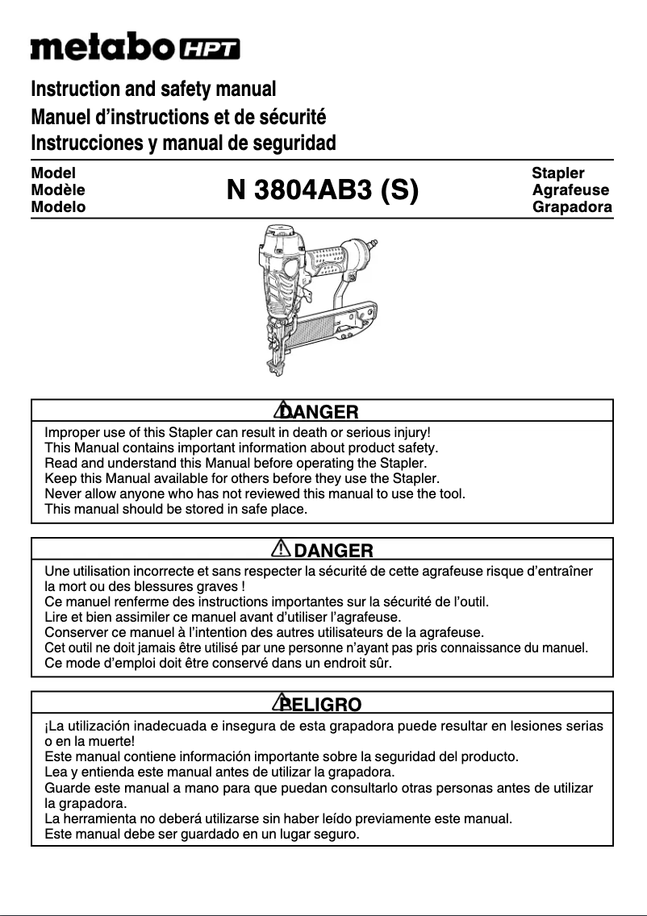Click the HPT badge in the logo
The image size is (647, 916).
tap(209, 49)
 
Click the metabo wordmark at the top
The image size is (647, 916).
tap(101, 48)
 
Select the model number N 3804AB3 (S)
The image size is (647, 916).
tap(322, 191)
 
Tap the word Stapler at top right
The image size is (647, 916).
tap(558, 173)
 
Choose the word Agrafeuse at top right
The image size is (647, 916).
tap(570, 190)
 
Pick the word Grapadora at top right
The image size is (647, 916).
tap(572, 207)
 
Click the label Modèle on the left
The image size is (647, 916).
tap(57, 190)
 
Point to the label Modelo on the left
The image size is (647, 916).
tap(58, 207)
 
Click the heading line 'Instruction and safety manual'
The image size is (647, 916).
tap(153, 89)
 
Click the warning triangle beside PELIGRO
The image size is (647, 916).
tap(282, 702)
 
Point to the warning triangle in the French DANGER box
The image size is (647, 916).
tap(280, 548)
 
